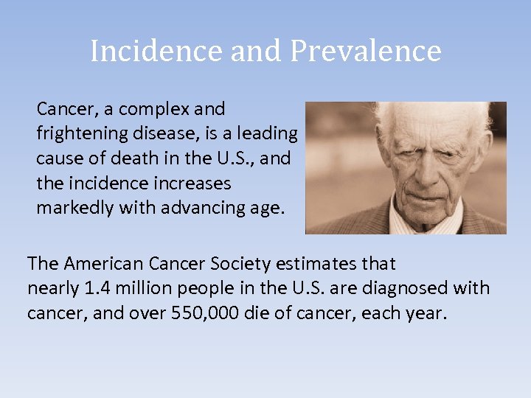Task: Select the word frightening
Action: [78, 134]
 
